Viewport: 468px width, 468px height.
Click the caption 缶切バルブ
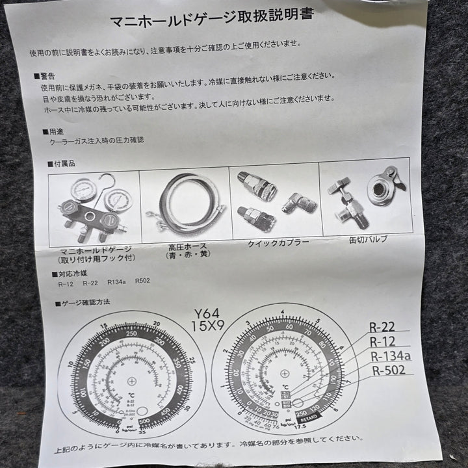point(368,239)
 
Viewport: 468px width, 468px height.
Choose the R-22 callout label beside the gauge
point(382,328)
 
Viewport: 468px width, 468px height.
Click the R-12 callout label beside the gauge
point(383,342)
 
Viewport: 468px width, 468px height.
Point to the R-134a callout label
point(390,356)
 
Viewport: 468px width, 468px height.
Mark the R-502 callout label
point(389,371)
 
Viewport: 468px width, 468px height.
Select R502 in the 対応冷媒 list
point(142,282)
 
